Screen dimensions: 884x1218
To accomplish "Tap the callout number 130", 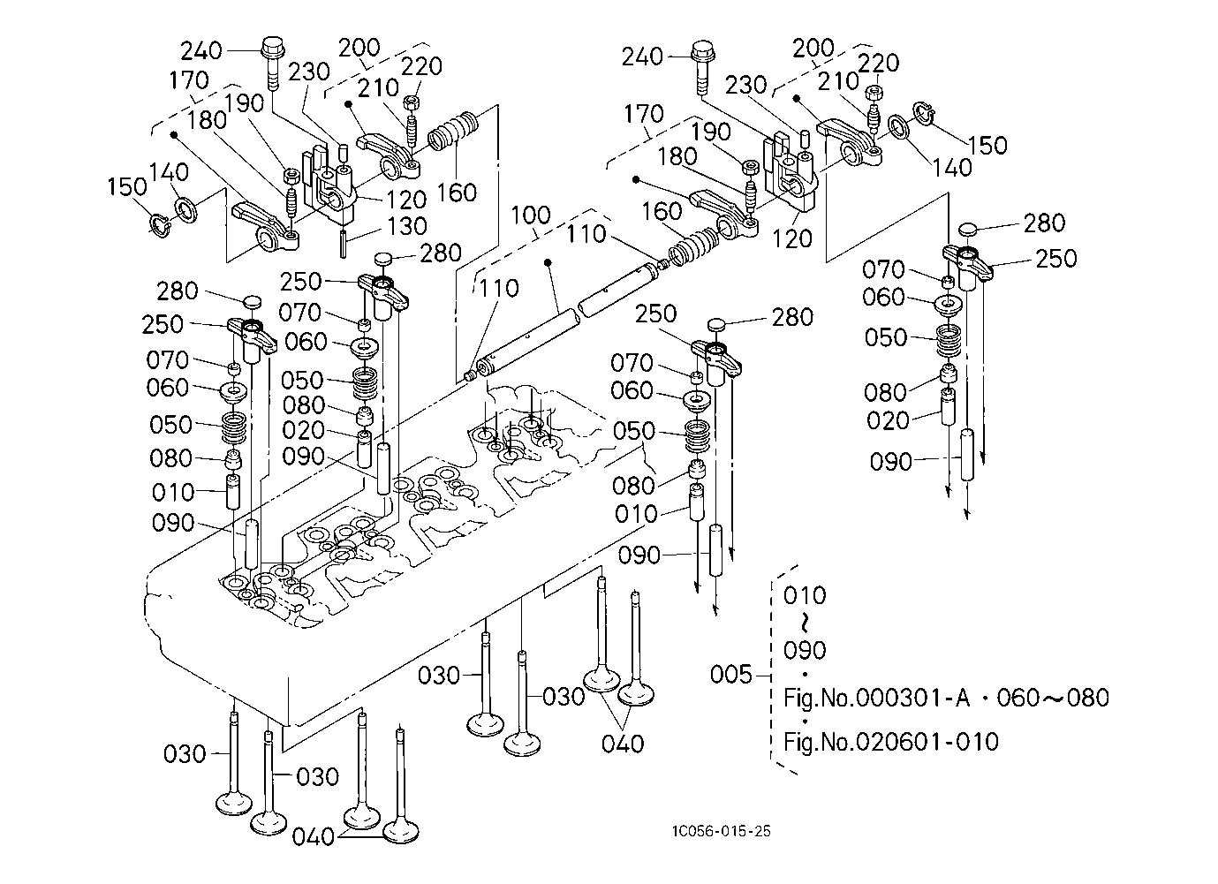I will tap(406, 226).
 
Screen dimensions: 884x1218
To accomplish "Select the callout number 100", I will tap(531, 215).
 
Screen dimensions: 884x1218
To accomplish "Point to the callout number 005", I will tap(730, 675).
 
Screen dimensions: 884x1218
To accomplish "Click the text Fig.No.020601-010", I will tap(891, 741).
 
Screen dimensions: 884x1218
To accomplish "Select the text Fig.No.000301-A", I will tap(876, 698).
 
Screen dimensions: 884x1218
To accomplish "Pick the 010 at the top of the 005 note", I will tap(805, 594).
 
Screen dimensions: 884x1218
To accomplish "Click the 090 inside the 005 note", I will tap(805, 651).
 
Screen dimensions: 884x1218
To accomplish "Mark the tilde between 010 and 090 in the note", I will tap(805, 623).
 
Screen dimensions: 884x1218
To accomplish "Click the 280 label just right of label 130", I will tap(441, 253).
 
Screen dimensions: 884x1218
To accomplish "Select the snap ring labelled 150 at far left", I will tap(158, 223).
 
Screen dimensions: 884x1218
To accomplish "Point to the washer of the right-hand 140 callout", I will tap(899, 127).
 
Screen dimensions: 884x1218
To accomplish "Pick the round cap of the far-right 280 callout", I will tap(968, 231).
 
